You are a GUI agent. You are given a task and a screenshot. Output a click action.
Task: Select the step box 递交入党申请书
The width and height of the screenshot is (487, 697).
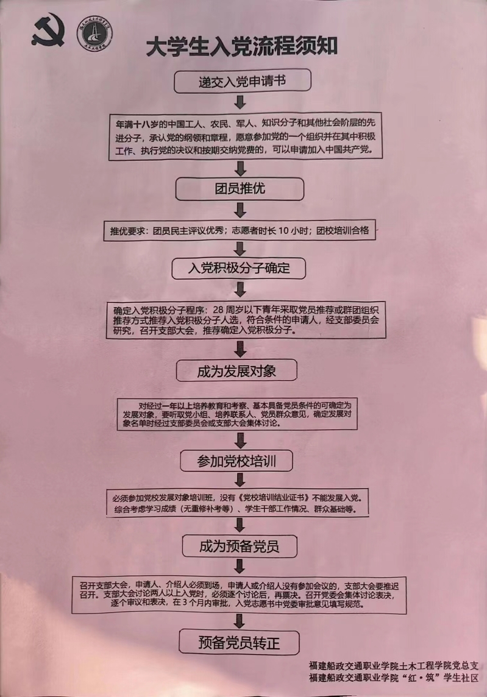click(243, 80)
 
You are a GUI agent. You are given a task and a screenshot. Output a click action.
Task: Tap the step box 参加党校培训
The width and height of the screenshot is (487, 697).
click(237, 461)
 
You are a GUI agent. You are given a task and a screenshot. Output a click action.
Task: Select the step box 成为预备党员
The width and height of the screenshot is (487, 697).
click(239, 545)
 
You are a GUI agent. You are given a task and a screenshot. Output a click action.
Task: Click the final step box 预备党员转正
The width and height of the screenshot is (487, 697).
click(239, 642)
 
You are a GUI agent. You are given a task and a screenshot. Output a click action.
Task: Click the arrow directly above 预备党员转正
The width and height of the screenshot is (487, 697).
click(240, 621)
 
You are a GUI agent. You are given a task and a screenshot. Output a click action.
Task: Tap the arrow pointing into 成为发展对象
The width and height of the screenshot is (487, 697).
click(240, 348)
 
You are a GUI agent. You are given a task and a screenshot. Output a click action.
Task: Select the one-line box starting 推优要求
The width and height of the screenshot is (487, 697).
click(240, 231)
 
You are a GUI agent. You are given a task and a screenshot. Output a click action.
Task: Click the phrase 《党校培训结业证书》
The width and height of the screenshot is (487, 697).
click(274, 497)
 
